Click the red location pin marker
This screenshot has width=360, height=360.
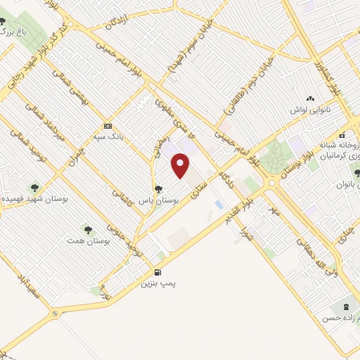pyautogui.click(x=181, y=166)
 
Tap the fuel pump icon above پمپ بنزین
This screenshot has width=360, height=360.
pyautogui.click(x=157, y=273)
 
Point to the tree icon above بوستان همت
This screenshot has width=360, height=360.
pyautogui.click(x=87, y=229)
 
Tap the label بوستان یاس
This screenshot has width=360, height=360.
pyautogui.click(x=159, y=200)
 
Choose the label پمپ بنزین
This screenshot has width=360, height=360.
pyautogui.click(x=157, y=283)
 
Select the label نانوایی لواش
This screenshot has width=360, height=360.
pyautogui.click(x=309, y=111)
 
